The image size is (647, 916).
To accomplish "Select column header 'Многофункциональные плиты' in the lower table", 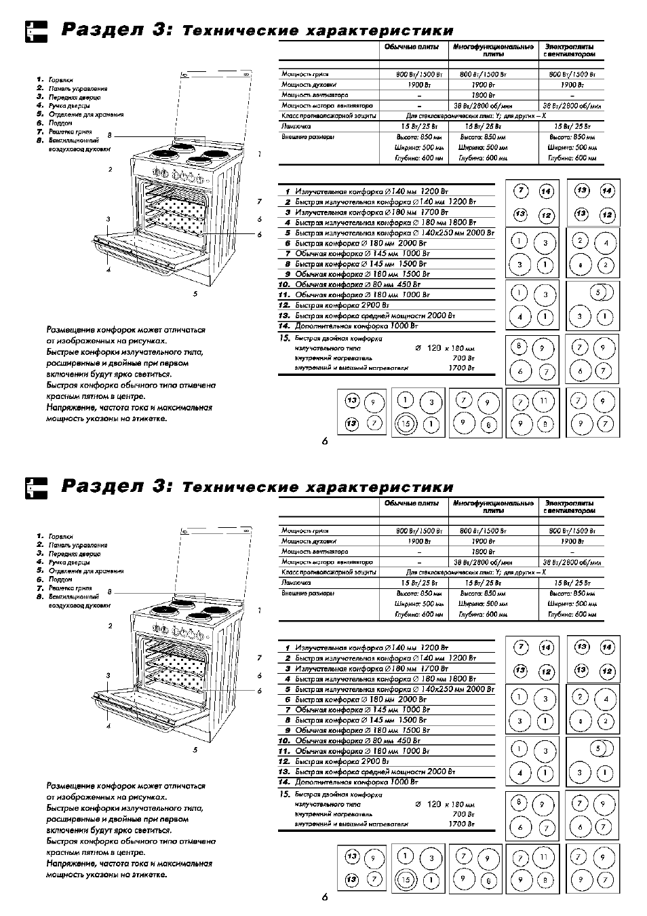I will [493, 506].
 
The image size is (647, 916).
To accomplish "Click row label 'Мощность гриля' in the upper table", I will [305, 74].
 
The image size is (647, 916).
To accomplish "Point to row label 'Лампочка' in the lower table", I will [296, 582].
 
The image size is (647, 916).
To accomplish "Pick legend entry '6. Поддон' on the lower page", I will [60, 579].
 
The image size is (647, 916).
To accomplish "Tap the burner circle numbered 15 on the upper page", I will [406, 424].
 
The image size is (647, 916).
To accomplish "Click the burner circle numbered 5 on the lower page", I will [597, 749].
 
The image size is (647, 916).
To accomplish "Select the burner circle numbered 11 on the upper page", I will [543, 401].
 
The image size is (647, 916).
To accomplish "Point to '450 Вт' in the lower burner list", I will [408, 741].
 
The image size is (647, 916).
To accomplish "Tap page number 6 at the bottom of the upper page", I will [325, 441].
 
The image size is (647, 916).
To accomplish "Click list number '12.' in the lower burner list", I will [284, 762].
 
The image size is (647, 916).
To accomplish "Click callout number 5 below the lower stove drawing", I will [195, 750].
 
